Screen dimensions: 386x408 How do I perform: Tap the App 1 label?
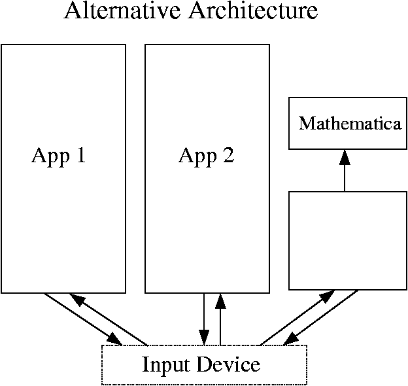[59, 156]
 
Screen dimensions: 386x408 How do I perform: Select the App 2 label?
[206, 156]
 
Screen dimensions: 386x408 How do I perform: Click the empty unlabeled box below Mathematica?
[347, 240]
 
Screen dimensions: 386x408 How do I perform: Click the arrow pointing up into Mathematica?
[345, 173]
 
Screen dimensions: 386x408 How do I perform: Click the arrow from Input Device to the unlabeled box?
[294, 319]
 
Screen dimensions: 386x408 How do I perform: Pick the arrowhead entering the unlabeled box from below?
[328, 296]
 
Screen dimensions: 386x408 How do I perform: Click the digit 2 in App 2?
[227, 156]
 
